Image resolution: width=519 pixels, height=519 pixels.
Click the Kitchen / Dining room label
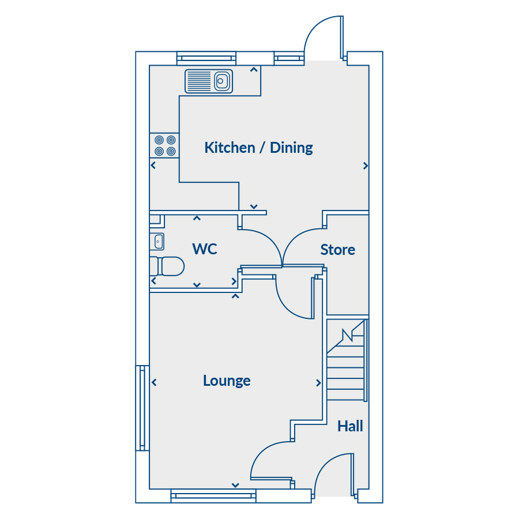pos(258,148)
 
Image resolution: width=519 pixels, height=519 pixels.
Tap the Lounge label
pos(227,381)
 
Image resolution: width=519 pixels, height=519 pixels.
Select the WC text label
pos(205,249)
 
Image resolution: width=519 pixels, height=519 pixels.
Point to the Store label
pos(337,250)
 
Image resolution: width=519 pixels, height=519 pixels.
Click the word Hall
pos(350,426)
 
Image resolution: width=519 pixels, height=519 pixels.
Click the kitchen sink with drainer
pos(209,81)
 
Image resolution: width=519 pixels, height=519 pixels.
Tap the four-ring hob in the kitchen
pos(164,145)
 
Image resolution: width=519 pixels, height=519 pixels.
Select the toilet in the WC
pos(167,266)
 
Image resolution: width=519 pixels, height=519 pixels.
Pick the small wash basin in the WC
pos(157,241)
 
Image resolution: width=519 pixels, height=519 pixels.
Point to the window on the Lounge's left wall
pos(142,408)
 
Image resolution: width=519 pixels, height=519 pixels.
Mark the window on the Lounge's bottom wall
pos(213,495)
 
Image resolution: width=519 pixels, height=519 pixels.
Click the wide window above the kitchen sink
pos(206,58)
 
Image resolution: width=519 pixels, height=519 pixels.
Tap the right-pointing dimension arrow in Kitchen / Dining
pos(365,166)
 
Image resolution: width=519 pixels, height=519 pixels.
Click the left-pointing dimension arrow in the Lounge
pos(154,383)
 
